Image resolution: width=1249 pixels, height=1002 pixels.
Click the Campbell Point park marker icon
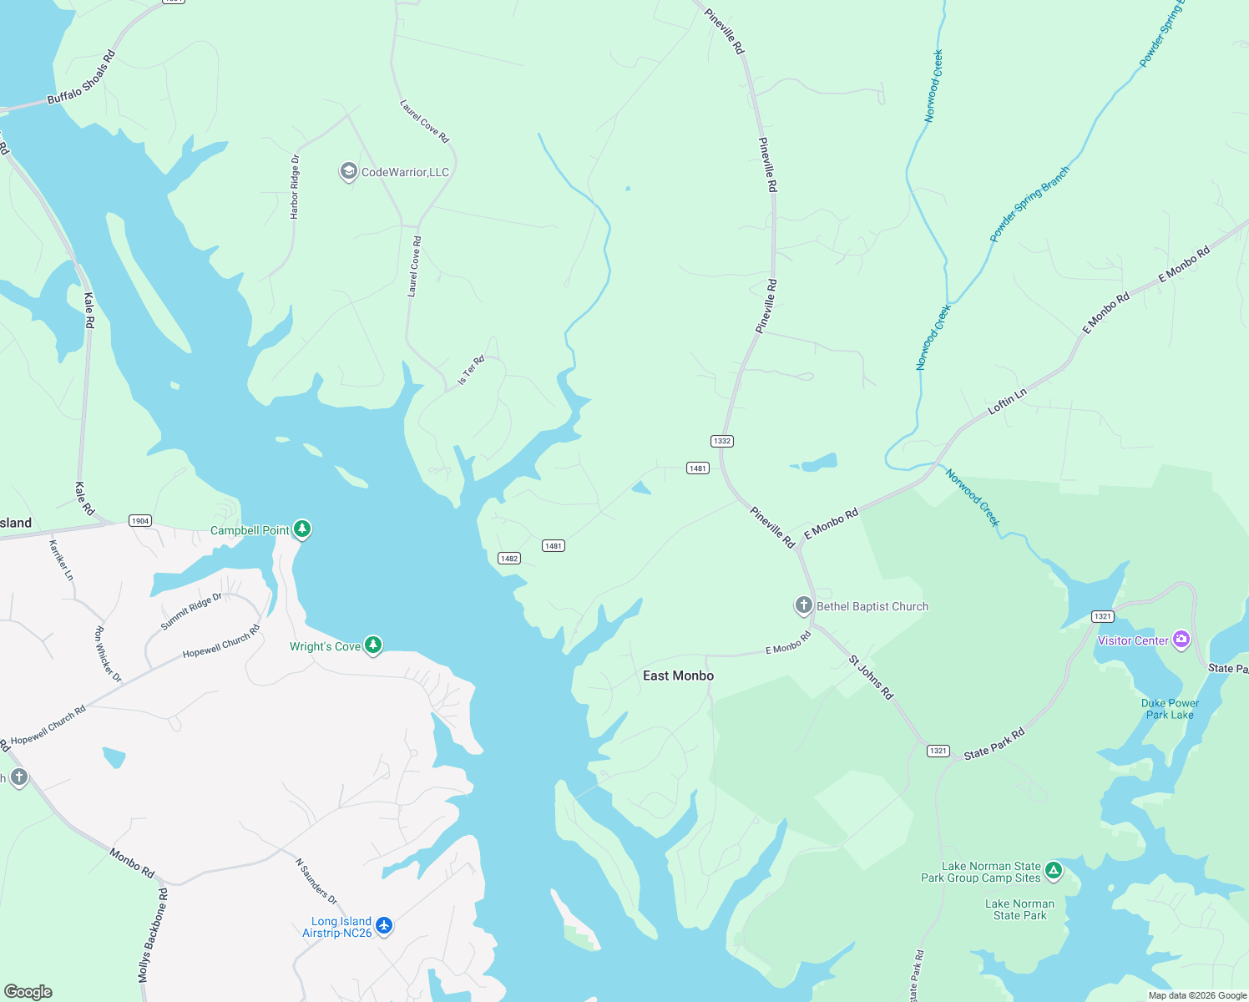pyautogui.click(x=302, y=529)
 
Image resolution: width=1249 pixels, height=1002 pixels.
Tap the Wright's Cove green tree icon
pyautogui.click(x=373, y=645)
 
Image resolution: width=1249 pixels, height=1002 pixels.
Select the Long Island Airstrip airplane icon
pyautogui.click(x=384, y=925)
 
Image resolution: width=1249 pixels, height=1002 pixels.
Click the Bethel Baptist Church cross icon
pyautogui.click(x=803, y=605)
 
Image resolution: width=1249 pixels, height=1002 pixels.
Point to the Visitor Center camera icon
pyautogui.click(x=1181, y=640)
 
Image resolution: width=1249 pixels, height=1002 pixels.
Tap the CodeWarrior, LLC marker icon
pyautogui.click(x=348, y=171)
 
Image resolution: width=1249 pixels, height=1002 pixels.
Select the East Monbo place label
pyautogui.click(x=678, y=676)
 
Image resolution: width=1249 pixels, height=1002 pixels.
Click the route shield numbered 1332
pyautogui.click(x=722, y=441)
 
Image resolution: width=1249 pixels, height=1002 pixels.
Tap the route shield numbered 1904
pyautogui.click(x=140, y=521)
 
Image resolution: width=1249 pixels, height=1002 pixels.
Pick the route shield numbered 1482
pyautogui.click(x=509, y=559)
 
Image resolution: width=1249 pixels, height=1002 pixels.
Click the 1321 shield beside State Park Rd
pyautogui.click(x=938, y=751)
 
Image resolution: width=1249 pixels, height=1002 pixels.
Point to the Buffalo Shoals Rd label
pyautogui.click(x=81, y=78)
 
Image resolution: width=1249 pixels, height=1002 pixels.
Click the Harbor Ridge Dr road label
pyautogui.click(x=294, y=187)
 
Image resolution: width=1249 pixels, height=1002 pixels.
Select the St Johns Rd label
pyautogui.click(x=871, y=677)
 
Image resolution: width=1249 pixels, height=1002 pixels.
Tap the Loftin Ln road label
pyautogui.click(x=1007, y=402)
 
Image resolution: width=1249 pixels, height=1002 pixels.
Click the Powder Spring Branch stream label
pyautogui.click(x=1029, y=205)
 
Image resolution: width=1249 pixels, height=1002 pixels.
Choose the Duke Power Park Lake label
pyautogui.click(x=1170, y=709)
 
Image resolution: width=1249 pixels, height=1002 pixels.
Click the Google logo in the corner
pyautogui.click(x=28, y=992)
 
